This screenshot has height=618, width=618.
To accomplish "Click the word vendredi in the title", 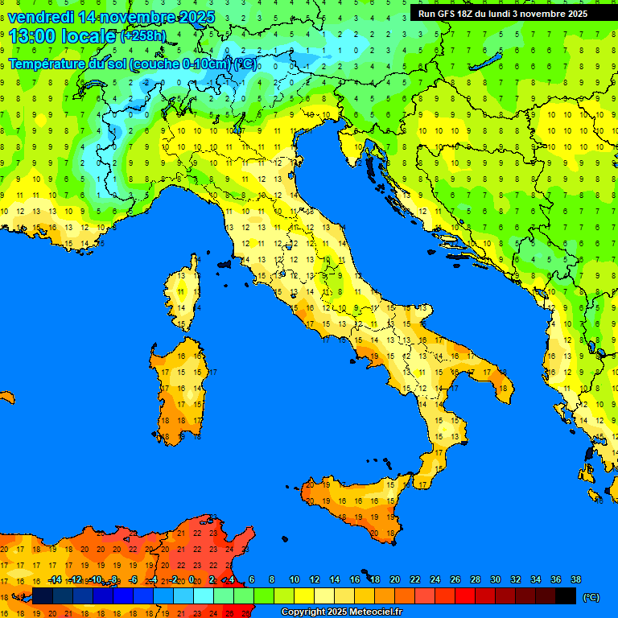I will [41, 17].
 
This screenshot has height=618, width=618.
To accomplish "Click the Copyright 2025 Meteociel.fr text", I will [340, 612].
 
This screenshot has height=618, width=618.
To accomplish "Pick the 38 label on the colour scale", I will [575, 579].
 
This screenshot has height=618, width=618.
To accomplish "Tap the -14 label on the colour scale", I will [55, 579].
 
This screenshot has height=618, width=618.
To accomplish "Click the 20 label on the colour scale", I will [394, 579].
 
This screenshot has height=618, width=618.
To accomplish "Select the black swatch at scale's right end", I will [566, 595].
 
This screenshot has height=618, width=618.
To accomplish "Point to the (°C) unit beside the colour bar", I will [591, 596].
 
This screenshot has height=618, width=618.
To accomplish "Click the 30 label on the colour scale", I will [495, 579].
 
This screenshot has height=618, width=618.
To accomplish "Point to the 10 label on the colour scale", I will [295, 579].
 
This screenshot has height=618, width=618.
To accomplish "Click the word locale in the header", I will [89, 36].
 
